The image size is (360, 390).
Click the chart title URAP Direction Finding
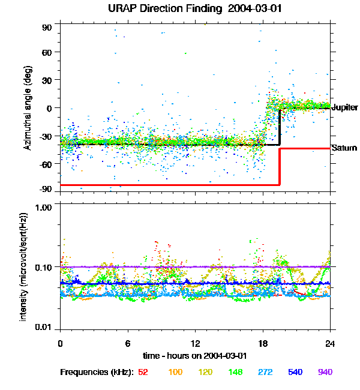[165, 9]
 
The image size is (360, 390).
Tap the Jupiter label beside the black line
[345, 107]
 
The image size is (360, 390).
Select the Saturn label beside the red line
[344, 148]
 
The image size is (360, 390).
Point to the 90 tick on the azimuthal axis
[47, 28]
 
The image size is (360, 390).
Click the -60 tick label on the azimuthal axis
[46, 164]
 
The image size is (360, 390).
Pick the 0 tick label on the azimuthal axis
[49, 108]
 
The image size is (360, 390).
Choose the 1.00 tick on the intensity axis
[43, 208]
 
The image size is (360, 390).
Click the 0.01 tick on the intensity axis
[43, 327]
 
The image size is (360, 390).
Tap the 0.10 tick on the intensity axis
[43, 268]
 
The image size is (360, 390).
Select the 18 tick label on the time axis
[263, 343]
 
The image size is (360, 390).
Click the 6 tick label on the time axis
[128, 343]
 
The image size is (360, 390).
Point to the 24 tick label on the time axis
[330, 343]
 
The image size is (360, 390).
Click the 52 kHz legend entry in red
[143, 372]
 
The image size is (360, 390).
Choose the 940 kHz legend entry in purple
[325, 372]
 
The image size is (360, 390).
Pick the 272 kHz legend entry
[265, 372]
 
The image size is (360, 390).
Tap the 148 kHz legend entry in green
[235, 372]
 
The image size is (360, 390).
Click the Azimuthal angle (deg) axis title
[28, 108]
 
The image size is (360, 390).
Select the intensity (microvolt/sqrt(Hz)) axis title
[23, 266]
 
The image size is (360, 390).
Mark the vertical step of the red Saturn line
[280, 167]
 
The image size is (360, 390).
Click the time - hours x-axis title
[195, 356]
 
